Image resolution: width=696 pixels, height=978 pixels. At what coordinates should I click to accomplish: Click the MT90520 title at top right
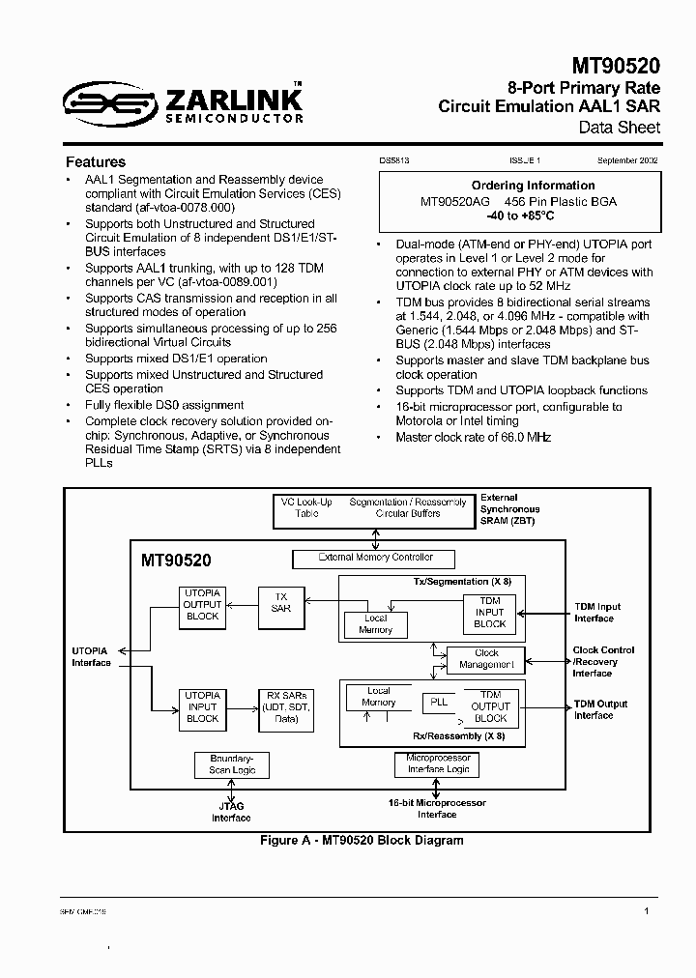click(616, 66)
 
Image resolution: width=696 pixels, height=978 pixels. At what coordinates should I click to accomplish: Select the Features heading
click(96, 162)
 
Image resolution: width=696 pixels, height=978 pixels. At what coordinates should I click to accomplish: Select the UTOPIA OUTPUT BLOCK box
click(202, 605)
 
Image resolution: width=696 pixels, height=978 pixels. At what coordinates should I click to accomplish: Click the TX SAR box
click(280, 602)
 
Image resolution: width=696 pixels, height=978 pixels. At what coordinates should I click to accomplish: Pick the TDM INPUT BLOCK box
click(490, 613)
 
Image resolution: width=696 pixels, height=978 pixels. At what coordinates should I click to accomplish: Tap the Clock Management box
click(486, 659)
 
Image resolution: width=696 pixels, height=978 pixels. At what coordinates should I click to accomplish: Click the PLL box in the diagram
click(439, 702)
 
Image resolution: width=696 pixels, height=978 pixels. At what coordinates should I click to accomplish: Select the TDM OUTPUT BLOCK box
click(490, 706)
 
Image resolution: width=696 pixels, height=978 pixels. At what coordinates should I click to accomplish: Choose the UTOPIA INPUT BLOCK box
click(202, 706)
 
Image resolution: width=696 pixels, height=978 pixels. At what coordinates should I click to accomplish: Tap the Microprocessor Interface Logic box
click(438, 763)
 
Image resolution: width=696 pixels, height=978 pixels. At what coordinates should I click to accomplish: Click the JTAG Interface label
click(232, 812)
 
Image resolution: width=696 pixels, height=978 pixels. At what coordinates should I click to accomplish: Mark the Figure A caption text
click(362, 841)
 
